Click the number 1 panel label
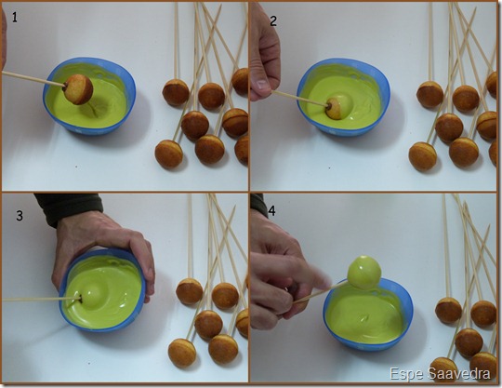tap(14, 17)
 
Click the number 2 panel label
tap(273, 20)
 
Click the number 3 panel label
tap(20, 216)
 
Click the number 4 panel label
tap(271, 211)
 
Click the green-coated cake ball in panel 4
tap(364, 272)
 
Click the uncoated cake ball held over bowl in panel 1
tap(78, 89)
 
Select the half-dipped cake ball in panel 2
tap(334, 109)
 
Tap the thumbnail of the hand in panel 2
tap(262, 85)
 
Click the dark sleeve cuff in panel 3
tap(70, 208)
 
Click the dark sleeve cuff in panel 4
tap(258, 204)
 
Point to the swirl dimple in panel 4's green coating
tap(365, 318)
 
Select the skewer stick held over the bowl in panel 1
tap(33, 79)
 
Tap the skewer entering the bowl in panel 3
tap(41, 299)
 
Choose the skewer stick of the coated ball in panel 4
tap(320, 292)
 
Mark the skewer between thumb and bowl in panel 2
tap(299, 98)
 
